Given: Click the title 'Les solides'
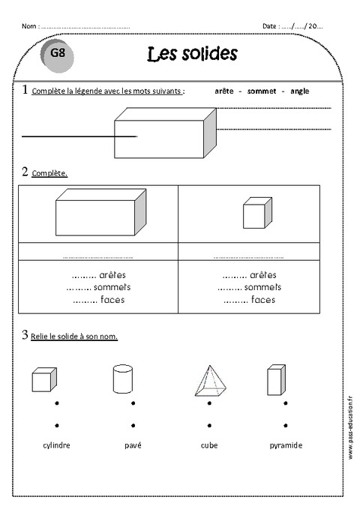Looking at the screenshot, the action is tap(193, 54).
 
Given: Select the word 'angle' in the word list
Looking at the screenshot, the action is tap(299, 91).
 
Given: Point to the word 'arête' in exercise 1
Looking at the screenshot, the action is tap(223, 91).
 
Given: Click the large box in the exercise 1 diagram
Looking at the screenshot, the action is tap(165, 133).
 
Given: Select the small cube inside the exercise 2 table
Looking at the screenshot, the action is tap(256, 213).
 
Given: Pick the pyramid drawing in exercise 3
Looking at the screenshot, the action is tap(209, 381).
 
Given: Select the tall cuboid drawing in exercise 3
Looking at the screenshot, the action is tap(276, 380).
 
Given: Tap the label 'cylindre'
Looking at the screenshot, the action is tap(57, 445).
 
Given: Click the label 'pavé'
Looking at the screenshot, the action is tap(133, 445).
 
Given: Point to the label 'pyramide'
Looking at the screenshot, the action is tap(286, 445).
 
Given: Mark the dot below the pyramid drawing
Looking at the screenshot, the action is tap(209, 404).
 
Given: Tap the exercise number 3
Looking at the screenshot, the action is tap(25, 334).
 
